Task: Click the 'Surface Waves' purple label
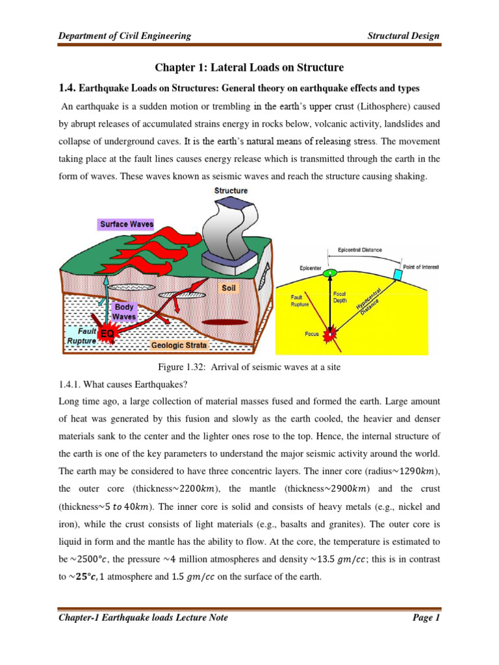127,224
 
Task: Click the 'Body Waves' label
124,311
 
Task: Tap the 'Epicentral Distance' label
360,249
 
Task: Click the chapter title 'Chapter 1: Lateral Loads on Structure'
248,68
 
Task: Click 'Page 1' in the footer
427,618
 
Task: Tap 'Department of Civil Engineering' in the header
125,36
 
